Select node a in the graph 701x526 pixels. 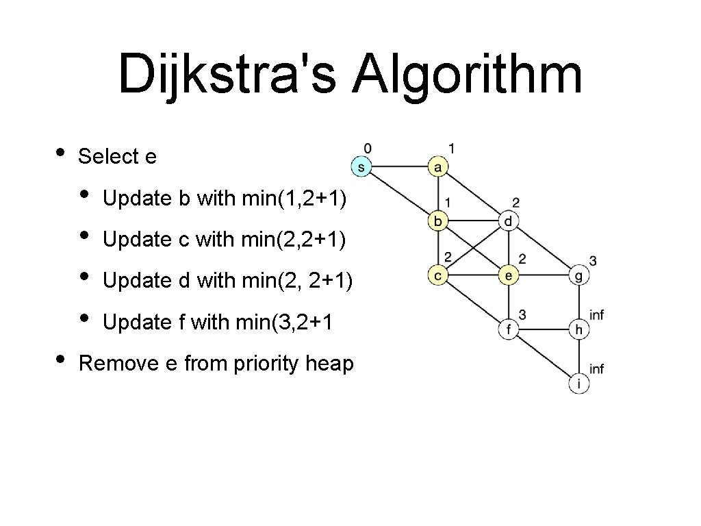coord(438,166)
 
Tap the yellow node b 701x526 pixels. coord(438,221)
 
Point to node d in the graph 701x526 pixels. coord(508,221)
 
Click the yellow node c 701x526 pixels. coord(438,275)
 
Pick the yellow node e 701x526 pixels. coord(508,275)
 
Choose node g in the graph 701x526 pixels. coord(579,275)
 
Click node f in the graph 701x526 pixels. coord(508,330)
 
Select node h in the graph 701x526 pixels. coord(579,330)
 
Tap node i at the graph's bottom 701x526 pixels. coord(579,384)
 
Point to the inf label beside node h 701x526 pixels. coord(596,315)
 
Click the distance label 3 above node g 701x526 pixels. coord(593,261)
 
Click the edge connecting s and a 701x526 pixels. coord(399,166)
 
